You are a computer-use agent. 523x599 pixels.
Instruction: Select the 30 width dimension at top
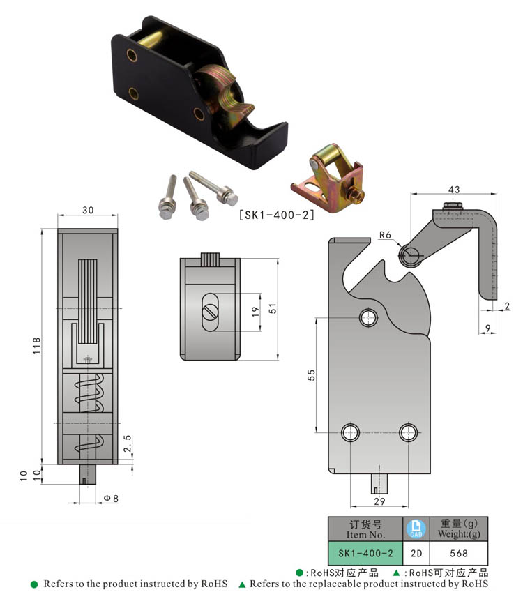tap(87, 209)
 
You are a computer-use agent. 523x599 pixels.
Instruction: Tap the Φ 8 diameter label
tap(112, 499)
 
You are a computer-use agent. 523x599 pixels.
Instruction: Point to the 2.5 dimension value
tap(126, 444)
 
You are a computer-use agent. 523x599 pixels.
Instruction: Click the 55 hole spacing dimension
tap(312, 375)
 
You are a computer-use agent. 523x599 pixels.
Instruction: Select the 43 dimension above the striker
tap(454, 190)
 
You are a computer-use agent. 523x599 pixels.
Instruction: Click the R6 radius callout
tap(385, 236)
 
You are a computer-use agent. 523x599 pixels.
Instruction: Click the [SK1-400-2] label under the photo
tap(276, 215)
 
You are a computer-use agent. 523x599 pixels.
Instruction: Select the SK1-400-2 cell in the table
tap(366, 553)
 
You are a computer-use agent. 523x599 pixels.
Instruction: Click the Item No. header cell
tap(366, 529)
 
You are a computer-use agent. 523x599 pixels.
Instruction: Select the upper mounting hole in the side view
tap(368, 318)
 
